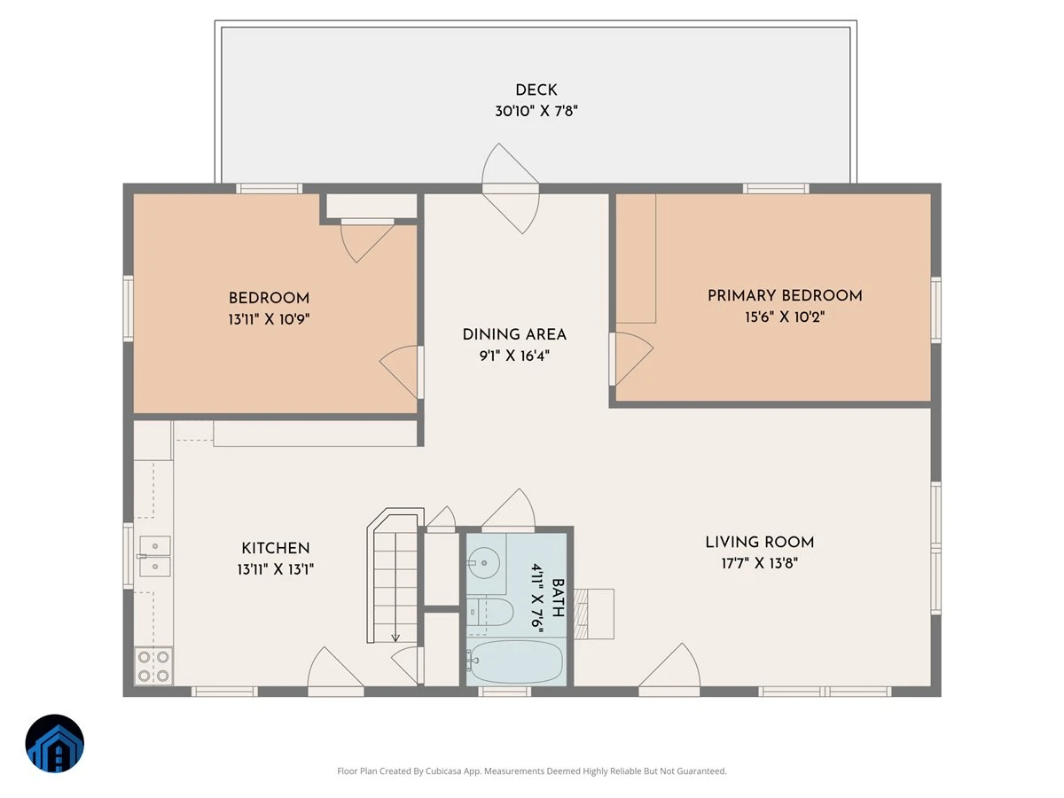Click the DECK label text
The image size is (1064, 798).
(536, 90)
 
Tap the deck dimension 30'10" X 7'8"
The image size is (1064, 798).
(536, 111)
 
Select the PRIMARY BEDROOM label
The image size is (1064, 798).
(785, 295)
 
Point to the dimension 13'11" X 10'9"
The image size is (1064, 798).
(269, 319)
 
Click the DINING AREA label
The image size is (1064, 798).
(513, 334)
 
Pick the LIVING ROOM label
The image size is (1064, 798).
(759, 542)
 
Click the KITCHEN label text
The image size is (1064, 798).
(276, 547)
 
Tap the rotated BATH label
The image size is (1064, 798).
(558, 598)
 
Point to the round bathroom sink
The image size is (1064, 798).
(484, 562)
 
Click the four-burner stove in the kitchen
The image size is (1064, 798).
(153, 666)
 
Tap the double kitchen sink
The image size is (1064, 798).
(154, 556)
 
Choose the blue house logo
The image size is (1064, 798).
(54, 743)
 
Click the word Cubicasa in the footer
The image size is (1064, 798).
(443, 771)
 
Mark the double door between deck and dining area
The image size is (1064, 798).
(511, 189)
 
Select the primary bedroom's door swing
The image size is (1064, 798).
(631, 358)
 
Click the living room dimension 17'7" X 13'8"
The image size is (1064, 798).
(759, 563)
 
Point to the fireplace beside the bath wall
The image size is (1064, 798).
(594, 614)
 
